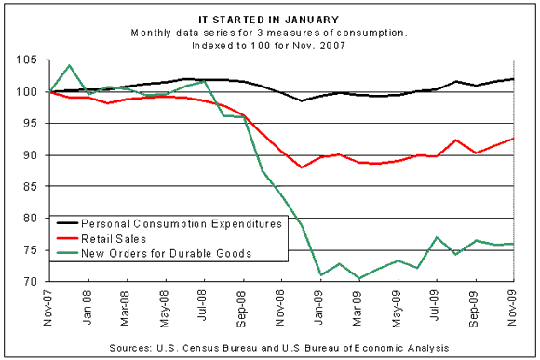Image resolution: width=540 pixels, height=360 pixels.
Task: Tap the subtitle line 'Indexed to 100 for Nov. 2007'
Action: point(269,45)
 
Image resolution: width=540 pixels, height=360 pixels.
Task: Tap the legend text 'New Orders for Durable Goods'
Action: point(159,254)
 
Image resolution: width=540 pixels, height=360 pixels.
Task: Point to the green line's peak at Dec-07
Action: point(70,66)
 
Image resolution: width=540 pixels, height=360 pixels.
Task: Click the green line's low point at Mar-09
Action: point(358,278)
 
